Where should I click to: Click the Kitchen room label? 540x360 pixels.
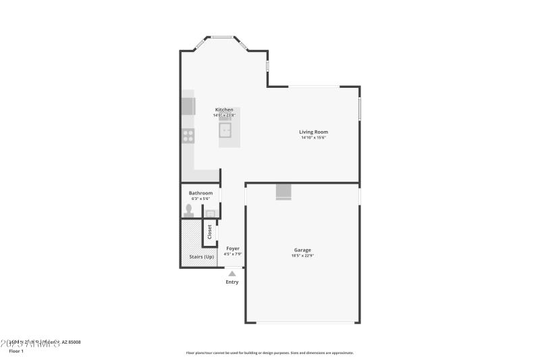click(x=224, y=109)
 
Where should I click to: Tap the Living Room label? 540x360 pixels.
click(x=313, y=132)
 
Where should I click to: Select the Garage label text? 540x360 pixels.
click(x=302, y=250)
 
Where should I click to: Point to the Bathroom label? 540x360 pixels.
click(x=200, y=193)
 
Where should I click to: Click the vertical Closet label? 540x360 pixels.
click(x=209, y=232)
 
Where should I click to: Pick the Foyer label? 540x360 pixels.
click(x=232, y=249)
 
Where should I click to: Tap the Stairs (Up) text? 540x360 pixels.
click(x=200, y=257)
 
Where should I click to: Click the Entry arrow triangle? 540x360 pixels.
click(x=232, y=274)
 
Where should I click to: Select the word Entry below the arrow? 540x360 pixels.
click(x=232, y=282)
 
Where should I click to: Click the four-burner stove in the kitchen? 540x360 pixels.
click(x=188, y=135)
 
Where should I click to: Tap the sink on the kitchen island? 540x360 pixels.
click(x=228, y=130)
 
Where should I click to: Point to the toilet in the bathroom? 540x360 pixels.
click(x=188, y=210)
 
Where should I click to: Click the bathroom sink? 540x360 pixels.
click(x=210, y=214)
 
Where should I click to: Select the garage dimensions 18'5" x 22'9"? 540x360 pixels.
click(x=302, y=256)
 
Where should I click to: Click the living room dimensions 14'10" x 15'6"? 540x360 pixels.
click(x=313, y=138)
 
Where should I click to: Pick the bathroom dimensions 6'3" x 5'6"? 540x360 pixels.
click(x=200, y=199)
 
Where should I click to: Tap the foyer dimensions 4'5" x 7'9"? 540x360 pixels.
click(x=232, y=255)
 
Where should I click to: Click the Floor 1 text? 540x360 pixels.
click(x=16, y=351)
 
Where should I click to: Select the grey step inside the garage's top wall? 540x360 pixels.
click(x=283, y=192)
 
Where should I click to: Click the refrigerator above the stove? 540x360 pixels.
click(x=188, y=107)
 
